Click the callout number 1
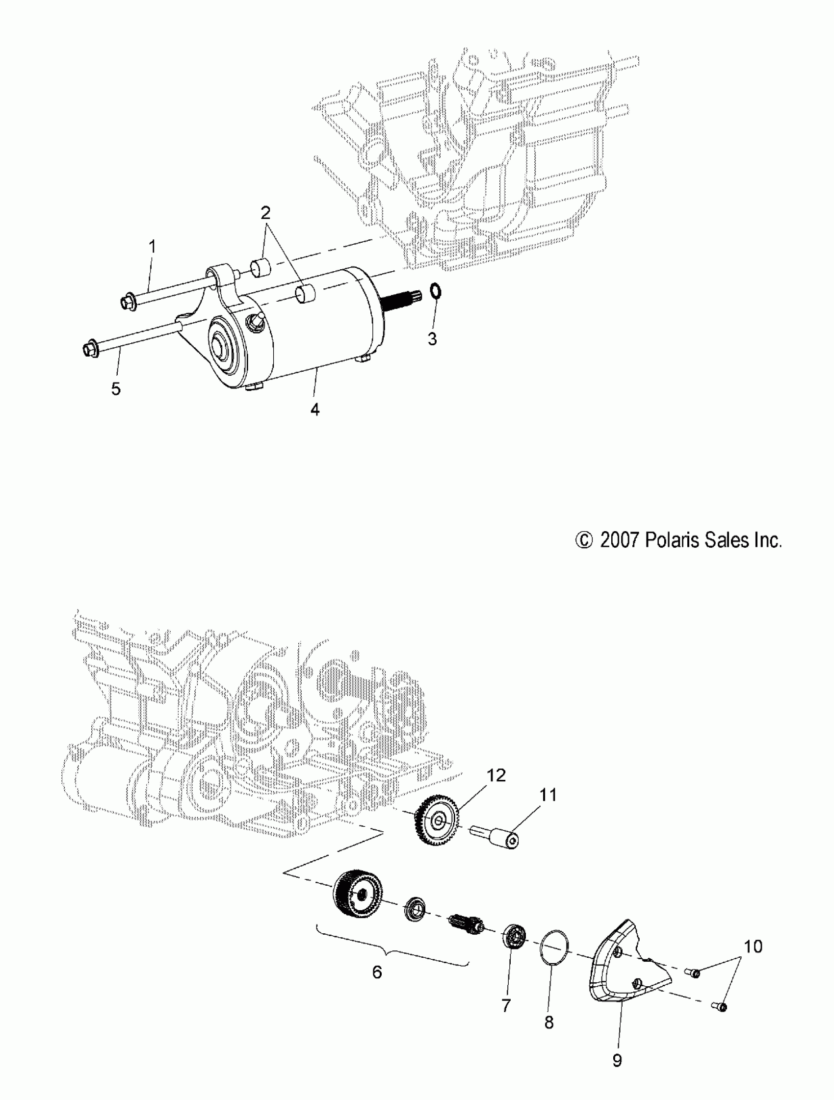click(x=153, y=246)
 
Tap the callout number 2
click(x=265, y=213)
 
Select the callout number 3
click(x=432, y=339)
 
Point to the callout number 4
click(x=315, y=409)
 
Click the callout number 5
click(x=116, y=388)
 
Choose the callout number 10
click(x=753, y=946)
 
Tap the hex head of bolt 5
click(x=90, y=349)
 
